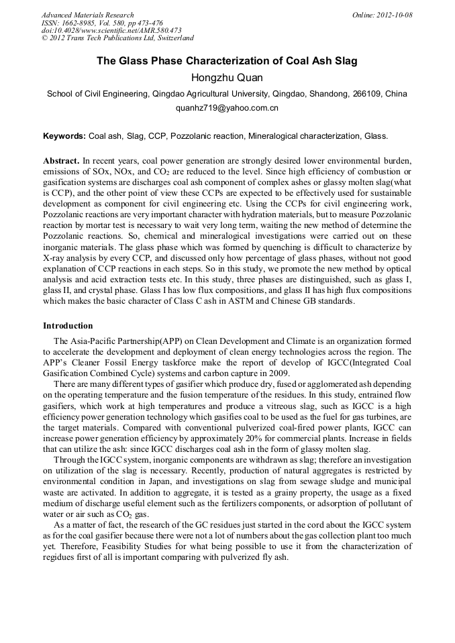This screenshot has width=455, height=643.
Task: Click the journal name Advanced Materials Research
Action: (x=88, y=15)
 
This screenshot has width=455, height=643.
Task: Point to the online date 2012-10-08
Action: (x=394, y=15)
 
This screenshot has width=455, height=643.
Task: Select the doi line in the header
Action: (x=111, y=31)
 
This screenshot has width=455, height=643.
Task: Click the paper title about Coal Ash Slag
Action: (x=227, y=61)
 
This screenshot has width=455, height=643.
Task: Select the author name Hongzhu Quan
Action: (x=227, y=78)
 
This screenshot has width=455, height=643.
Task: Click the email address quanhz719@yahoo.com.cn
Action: (x=227, y=107)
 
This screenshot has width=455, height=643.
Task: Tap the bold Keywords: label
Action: (x=64, y=136)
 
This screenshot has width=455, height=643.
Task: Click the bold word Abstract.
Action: (x=61, y=162)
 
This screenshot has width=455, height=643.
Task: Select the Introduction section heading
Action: (x=68, y=326)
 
